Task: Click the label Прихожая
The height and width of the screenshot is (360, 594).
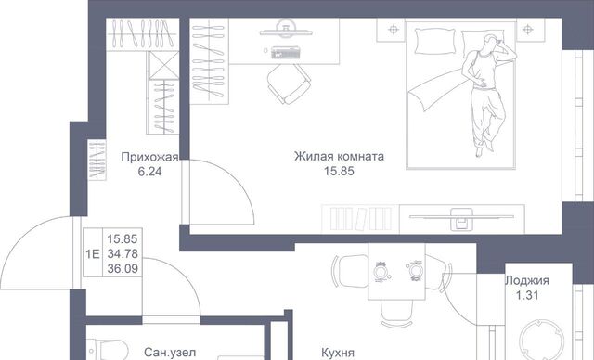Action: (x=149, y=157)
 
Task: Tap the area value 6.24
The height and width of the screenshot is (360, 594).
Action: (x=149, y=172)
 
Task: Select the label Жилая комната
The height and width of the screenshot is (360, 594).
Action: (x=339, y=156)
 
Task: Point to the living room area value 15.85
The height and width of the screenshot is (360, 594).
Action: (x=339, y=171)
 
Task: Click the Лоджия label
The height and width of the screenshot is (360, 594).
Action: (x=527, y=280)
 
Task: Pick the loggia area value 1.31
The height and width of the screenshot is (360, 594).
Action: (x=527, y=295)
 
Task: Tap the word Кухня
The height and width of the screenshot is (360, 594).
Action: (x=338, y=353)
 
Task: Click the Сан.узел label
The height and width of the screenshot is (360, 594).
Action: (x=170, y=353)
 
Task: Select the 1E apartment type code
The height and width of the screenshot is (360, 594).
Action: (x=93, y=253)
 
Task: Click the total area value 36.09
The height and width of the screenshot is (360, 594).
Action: (x=123, y=268)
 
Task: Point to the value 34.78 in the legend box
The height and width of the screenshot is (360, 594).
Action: (x=123, y=253)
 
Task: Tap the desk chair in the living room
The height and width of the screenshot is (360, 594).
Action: (x=289, y=84)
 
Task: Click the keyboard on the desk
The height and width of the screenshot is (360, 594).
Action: (x=286, y=52)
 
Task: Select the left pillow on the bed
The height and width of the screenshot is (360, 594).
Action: (x=435, y=41)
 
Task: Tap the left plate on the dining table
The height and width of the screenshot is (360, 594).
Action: (x=380, y=271)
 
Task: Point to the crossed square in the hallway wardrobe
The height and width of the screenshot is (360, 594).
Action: (x=163, y=65)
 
